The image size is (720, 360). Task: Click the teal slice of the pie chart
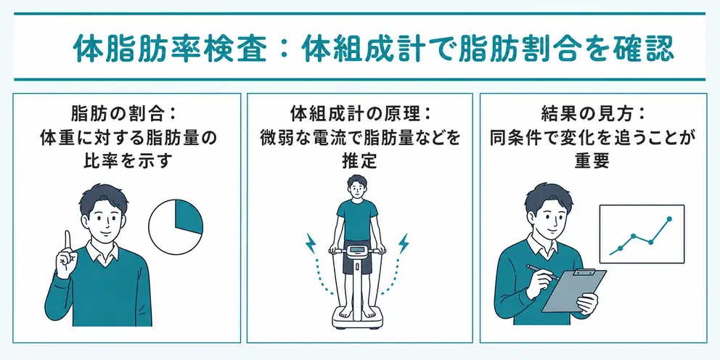click(187, 215)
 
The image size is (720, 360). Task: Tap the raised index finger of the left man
click(67, 240)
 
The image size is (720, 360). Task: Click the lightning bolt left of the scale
click(311, 243)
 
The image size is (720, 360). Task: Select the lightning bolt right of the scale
click(404, 243)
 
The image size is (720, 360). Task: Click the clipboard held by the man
click(574, 290)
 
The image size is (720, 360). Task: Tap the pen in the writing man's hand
click(543, 272)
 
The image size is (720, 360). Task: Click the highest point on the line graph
click(669, 218)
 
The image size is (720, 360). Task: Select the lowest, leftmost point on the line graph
click(620, 248)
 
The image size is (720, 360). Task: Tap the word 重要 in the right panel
click(592, 160)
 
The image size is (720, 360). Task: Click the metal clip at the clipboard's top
click(584, 273)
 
